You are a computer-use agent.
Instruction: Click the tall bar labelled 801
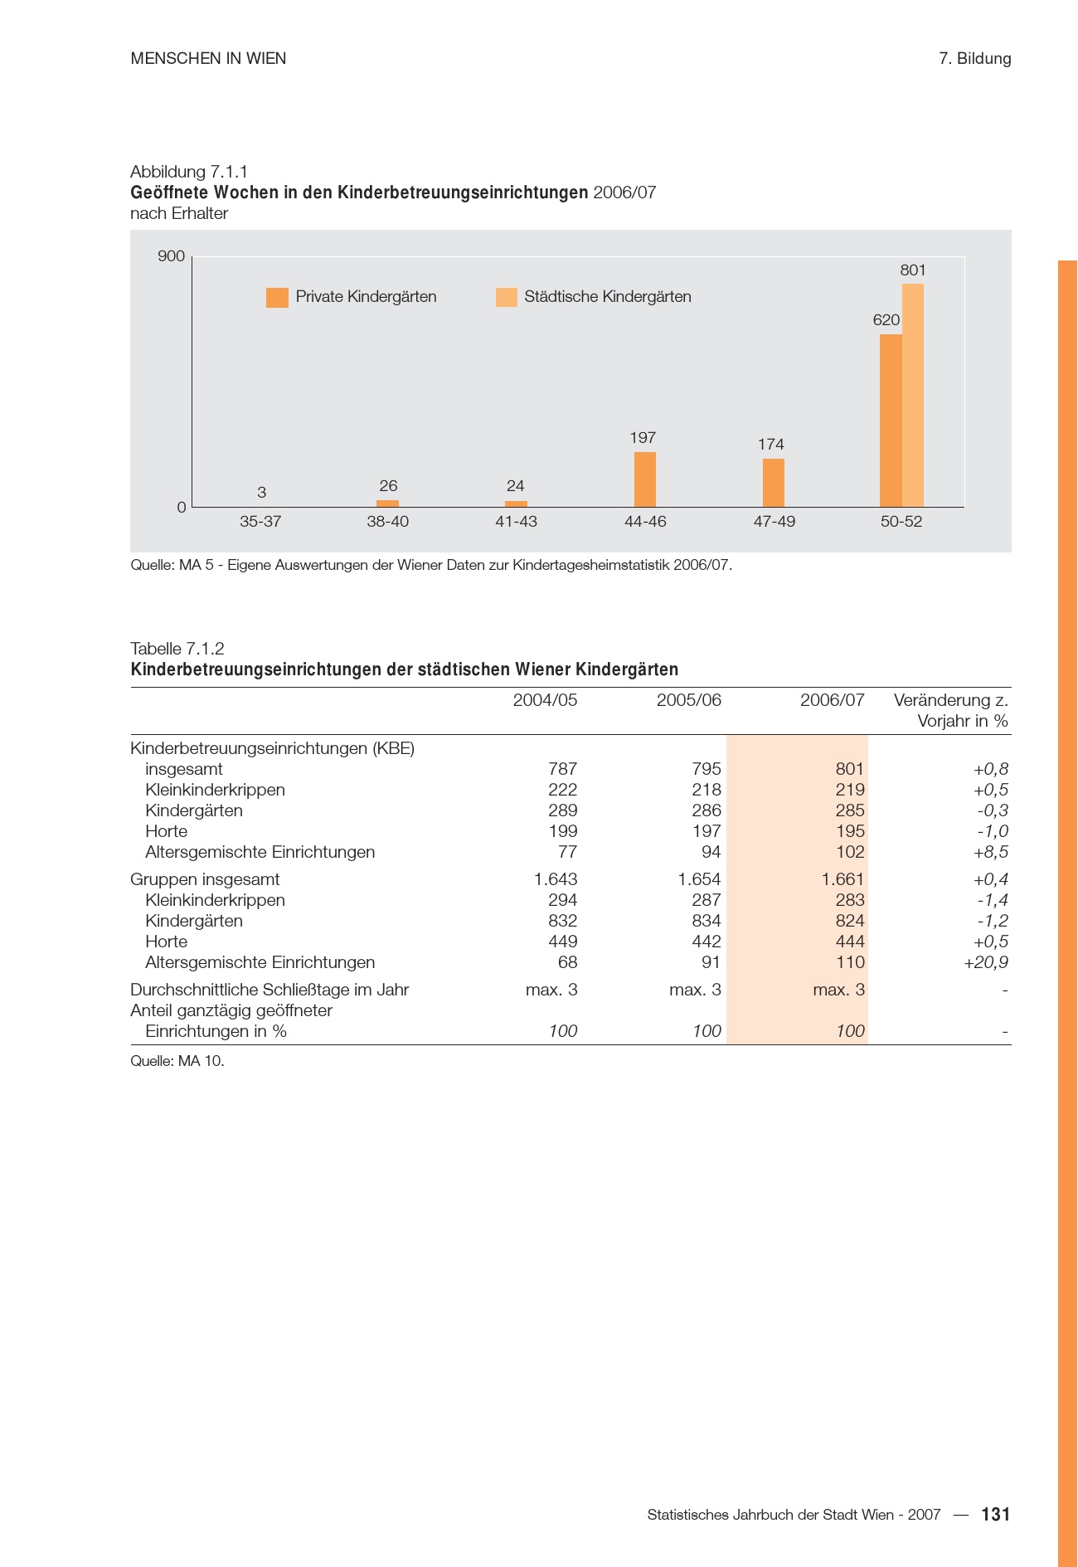click(913, 395)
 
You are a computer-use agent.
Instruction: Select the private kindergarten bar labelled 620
click(891, 421)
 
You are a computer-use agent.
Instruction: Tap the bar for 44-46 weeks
click(645, 479)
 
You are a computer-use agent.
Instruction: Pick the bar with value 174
click(774, 483)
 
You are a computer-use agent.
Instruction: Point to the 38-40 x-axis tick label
click(388, 522)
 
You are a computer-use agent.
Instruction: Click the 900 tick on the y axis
click(172, 256)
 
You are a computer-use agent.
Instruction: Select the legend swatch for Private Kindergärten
click(277, 297)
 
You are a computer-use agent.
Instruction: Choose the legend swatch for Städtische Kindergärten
click(506, 297)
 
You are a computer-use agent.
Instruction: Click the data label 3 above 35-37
click(262, 493)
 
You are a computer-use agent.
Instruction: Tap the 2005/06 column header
click(688, 700)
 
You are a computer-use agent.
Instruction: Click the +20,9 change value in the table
click(985, 962)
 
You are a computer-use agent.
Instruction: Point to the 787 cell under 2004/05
click(563, 769)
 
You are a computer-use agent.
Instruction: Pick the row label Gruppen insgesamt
click(205, 879)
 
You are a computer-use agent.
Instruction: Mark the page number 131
click(995, 1515)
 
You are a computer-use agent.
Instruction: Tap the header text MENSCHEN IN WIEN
click(208, 59)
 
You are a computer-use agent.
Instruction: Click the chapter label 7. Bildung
click(974, 59)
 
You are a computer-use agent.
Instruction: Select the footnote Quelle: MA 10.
click(177, 1061)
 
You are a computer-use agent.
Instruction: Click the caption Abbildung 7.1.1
click(189, 172)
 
